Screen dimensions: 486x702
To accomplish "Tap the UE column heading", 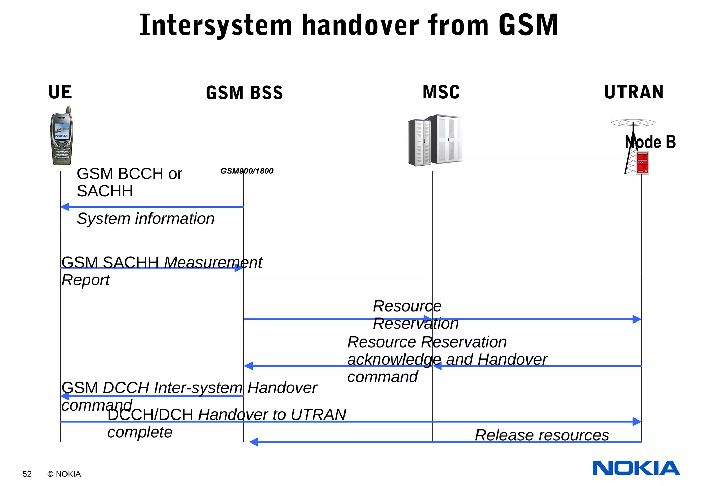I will tap(60, 92).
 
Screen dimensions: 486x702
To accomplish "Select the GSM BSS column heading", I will tap(244, 93).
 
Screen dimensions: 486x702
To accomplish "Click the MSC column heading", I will tap(441, 92).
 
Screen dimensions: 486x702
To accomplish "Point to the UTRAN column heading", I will tap(634, 92).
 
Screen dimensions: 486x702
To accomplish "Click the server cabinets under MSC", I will tap(435, 141).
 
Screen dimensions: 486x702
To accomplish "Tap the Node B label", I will tap(650, 142).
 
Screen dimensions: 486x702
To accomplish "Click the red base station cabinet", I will tap(642, 163).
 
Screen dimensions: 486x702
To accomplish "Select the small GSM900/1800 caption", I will tap(247, 171).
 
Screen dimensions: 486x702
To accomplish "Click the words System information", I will tap(146, 219).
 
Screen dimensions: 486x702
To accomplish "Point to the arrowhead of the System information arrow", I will tap(64, 207).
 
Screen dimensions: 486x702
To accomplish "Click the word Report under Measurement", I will tap(86, 280).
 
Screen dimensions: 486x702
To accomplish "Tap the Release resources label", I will tap(542, 435).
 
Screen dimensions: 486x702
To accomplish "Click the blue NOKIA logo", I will tap(636, 468).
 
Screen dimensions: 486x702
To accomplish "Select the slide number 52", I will tap(27, 474).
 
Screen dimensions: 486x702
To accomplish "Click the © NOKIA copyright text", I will tap(64, 474).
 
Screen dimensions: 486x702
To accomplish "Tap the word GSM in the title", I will tap(528, 25).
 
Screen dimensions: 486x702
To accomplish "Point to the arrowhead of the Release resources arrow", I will tap(253, 442).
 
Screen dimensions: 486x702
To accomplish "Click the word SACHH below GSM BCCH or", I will tap(105, 191).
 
